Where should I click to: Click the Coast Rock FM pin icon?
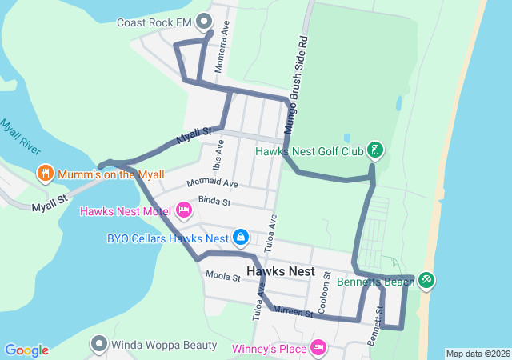click(204, 21)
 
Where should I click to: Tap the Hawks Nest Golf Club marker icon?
click(374, 150)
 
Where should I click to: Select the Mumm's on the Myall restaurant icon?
click(46, 173)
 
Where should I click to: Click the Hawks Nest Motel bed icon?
click(184, 210)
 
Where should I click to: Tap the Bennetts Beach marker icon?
click(426, 280)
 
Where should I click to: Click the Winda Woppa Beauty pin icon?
click(99, 344)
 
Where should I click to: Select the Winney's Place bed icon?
click(318, 347)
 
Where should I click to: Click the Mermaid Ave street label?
click(212, 184)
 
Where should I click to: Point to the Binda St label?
click(214, 201)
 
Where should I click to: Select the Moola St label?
click(223, 278)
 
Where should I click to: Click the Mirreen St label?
click(292, 311)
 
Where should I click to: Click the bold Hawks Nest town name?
click(280, 271)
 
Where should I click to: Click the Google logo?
click(26, 350)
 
